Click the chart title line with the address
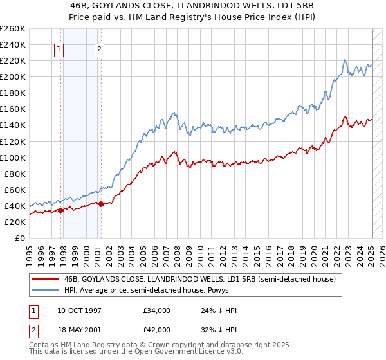point(192,4)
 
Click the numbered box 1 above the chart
point(59,50)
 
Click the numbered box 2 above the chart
point(100,50)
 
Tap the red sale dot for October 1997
point(60,210)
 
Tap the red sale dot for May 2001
point(102,204)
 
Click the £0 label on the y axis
point(19,238)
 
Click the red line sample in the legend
point(46,279)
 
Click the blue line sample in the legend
point(46,290)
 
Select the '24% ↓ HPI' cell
point(219,310)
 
